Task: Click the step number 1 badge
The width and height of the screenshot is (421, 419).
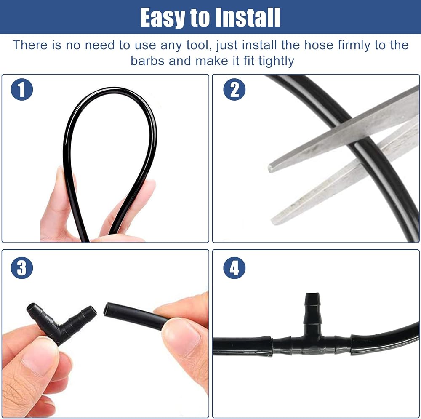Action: pyautogui.click(x=22, y=90)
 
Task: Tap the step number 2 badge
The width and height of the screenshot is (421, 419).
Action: pyautogui.click(x=234, y=90)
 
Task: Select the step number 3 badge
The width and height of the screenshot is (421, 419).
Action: pyautogui.click(x=22, y=268)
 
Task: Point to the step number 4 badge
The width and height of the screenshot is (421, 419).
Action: pyautogui.click(x=234, y=268)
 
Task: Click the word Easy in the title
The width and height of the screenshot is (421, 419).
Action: pyautogui.click(x=163, y=17)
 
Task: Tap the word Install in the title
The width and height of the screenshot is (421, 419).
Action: pyautogui.click(x=248, y=17)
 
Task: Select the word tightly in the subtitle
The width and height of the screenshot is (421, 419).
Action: pyautogui.click(x=276, y=61)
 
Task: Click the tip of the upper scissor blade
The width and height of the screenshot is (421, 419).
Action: pyautogui.click(x=270, y=168)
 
